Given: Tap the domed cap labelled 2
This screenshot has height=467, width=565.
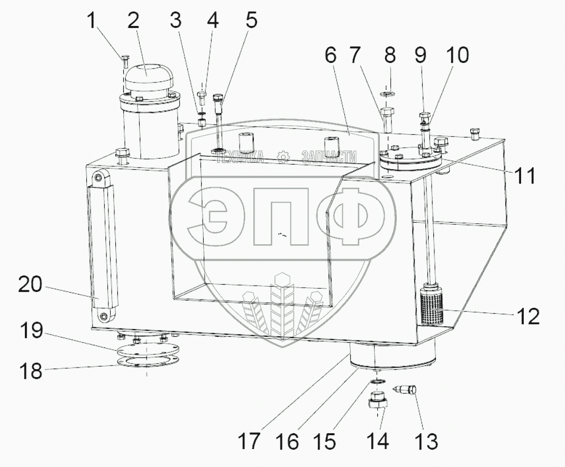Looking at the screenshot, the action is point(149,80).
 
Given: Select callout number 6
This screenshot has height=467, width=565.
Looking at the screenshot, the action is point(331,56).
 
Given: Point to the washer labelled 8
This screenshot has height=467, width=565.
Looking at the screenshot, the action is point(387,94).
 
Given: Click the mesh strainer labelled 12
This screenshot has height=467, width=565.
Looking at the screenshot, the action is point(432,303).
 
